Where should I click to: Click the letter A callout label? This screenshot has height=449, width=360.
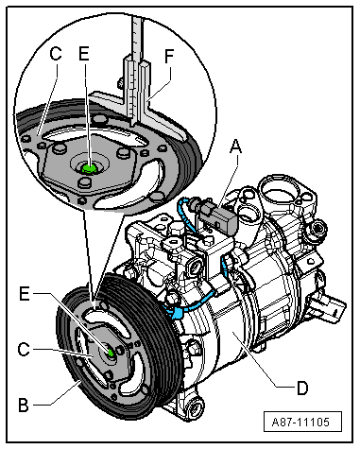click(x=235, y=147)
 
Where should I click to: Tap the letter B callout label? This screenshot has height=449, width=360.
click(x=24, y=405)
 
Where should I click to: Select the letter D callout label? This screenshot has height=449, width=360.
click(x=302, y=388)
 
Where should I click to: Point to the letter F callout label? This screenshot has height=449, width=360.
click(x=169, y=57)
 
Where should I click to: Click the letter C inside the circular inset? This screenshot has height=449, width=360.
click(x=56, y=54)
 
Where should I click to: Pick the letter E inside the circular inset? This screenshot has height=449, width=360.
click(x=84, y=54)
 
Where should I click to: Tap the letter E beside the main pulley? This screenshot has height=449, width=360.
click(x=25, y=294)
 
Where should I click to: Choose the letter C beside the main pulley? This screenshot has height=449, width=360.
click(x=24, y=350)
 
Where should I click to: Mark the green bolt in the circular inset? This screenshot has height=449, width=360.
click(x=89, y=169)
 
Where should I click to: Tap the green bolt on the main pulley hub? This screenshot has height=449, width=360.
click(x=111, y=353)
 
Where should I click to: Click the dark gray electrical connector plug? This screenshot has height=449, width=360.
click(x=218, y=217)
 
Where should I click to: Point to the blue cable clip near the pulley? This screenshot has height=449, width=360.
click(x=177, y=313)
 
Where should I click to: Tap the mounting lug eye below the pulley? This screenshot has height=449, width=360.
click(x=194, y=407)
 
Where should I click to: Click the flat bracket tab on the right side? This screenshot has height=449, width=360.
click(x=328, y=307)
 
